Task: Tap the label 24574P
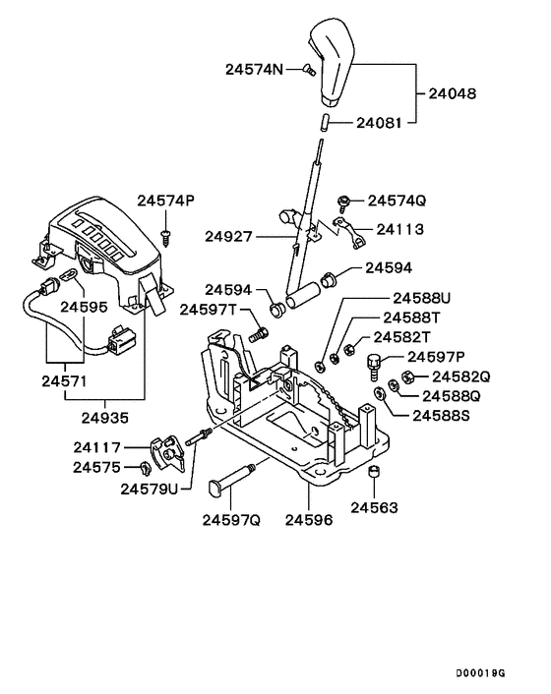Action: coord(165,201)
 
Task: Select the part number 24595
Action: coord(86,307)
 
